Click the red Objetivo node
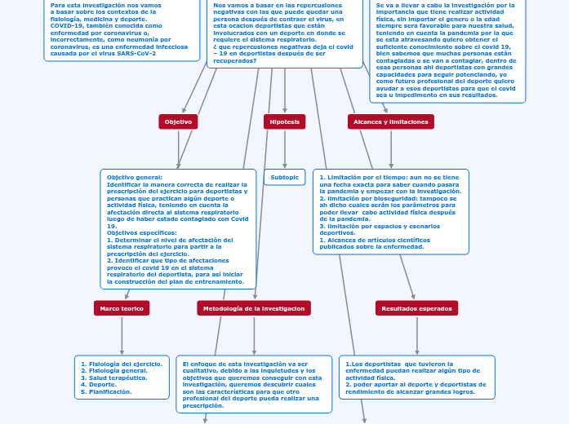click(178, 121)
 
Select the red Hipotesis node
click(284, 121)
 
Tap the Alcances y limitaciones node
click(390, 121)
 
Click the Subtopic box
click(284, 177)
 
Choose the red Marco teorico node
click(122, 308)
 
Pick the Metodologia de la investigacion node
click(253, 308)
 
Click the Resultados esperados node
click(416, 308)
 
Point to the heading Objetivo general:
click(135, 177)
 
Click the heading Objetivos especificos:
click(142, 232)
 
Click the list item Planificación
click(109, 391)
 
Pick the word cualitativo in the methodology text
click(200, 371)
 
